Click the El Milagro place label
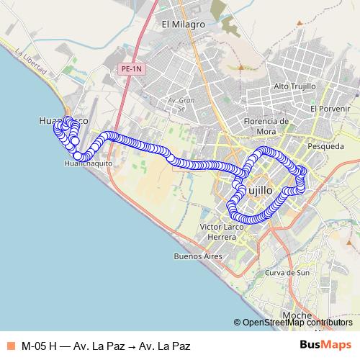tap(184, 24)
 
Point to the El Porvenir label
tap(330, 108)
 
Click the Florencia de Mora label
tap(266, 125)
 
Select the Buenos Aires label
tap(196, 256)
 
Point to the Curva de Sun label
tap(287, 274)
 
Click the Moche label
tap(297, 315)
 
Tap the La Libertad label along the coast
tap(31, 63)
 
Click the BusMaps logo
tap(325, 346)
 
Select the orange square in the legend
tap(10, 346)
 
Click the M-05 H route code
tap(40, 346)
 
